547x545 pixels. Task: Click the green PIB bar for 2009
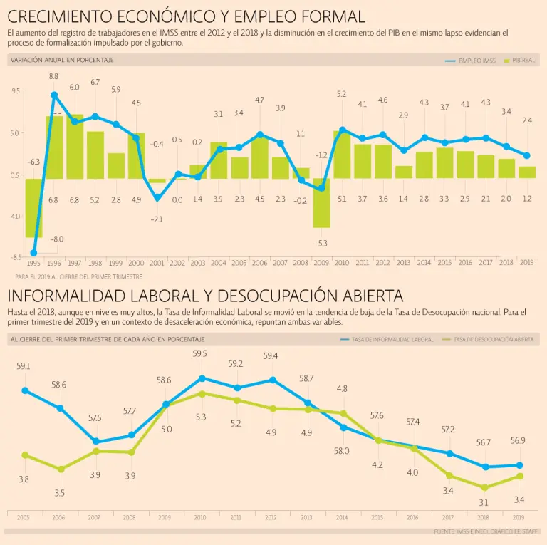coord(321,203)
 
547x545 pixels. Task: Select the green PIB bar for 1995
coord(33,207)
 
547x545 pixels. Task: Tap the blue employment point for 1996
coord(54,95)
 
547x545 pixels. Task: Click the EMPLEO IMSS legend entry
coord(470,61)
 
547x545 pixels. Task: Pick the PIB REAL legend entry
coord(519,61)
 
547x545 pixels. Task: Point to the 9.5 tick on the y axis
coord(16,91)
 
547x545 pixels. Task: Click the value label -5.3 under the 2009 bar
coord(321,244)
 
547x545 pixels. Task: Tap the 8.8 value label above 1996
coord(54,76)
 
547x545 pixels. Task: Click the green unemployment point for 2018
coord(485,487)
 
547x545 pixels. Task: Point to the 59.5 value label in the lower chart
coord(200,354)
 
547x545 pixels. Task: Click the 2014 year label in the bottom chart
coord(343,517)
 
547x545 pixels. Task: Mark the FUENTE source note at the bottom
coord(484,531)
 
